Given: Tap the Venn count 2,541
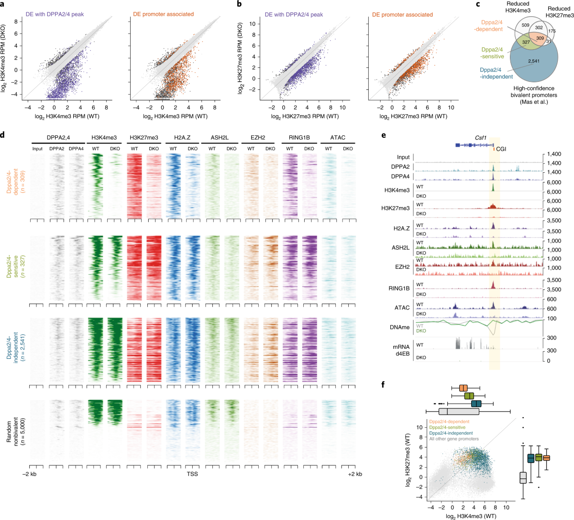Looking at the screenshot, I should tap(534, 61).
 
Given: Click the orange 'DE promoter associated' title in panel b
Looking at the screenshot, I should tap(402, 15).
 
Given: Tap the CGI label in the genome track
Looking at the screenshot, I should tap(501, 149).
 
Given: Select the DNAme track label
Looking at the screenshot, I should tap(400, 327).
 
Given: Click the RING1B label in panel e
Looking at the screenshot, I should tap(399, 288).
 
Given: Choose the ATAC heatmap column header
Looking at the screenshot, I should tap(338, 138).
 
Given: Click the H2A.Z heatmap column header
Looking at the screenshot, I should tap(182, 138).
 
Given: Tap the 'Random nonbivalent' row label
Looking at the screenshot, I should tap(13, 429).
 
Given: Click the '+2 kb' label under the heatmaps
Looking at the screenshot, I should tap(354, 474).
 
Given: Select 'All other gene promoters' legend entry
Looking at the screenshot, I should tap(453, 439).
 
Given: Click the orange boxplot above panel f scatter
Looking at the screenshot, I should tap(463, 388).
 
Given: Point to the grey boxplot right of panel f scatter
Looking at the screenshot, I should tap(523, 477).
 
